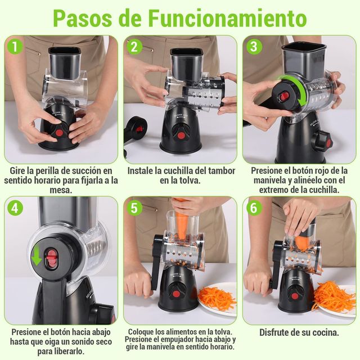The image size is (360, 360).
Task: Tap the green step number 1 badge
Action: (x=15, y=47)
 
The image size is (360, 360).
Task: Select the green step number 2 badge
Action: (x=134, y=47)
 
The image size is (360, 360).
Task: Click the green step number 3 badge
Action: (x=254, y=47)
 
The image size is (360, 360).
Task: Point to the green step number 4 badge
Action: (x=15, y=208)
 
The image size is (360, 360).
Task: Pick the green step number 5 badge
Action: (x=134, y=208)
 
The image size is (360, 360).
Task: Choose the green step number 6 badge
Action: (x=254, y=208)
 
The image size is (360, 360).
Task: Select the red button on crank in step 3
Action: (x=285, y=96)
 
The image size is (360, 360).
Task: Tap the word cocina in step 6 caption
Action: (x=323, y=332)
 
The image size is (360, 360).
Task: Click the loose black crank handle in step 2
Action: (x=134, y=129)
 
